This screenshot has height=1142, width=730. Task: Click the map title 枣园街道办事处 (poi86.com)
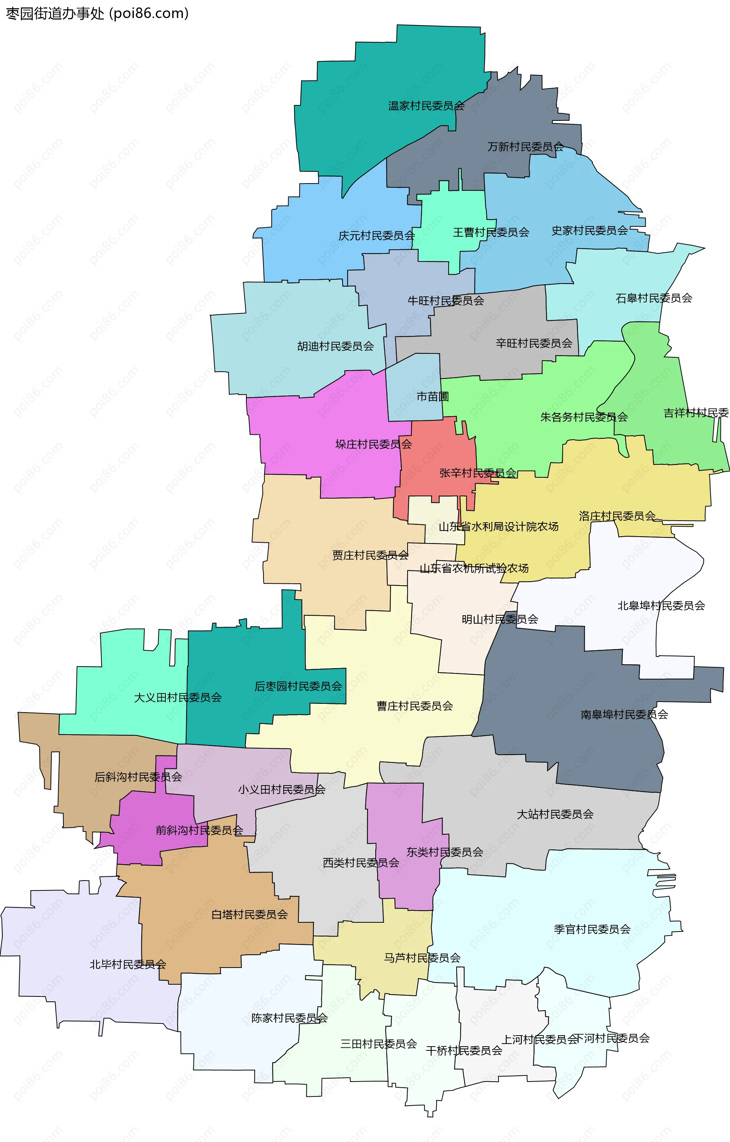click(97, 13)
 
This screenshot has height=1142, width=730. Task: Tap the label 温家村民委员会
click(426, 106)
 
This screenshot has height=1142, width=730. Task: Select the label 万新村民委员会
click(525, 147)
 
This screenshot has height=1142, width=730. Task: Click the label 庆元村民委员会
click(377, 235)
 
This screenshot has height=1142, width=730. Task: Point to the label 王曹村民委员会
click(491, 232)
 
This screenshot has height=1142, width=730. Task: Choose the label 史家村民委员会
click(590, 230)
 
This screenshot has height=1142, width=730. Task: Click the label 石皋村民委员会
click(654, 298)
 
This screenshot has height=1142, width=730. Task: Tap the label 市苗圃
click(433, 396)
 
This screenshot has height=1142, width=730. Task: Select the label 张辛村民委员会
click(478, 473)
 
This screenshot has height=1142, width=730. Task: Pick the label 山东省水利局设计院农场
click(498, 526)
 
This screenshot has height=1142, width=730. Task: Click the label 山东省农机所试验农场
click(474, 568)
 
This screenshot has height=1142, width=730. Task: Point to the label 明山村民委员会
click(500, 619)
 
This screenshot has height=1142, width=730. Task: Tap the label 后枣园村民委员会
click(298, 686)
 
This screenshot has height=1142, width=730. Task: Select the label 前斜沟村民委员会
click(199, 830)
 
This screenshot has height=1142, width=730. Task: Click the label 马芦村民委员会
click(422, 958)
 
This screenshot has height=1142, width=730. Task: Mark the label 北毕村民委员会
click(128, 964)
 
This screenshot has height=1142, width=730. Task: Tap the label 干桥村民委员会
click(464, 1050)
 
